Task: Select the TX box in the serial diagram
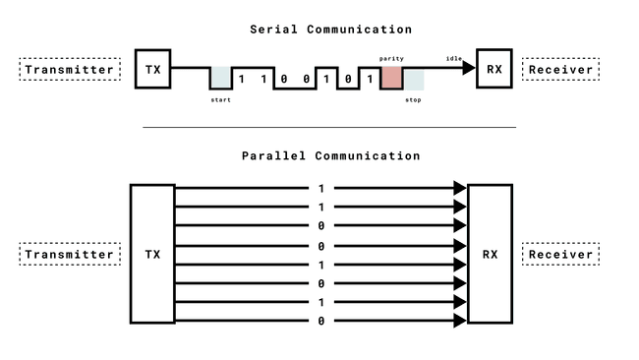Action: click(x=152, y=69)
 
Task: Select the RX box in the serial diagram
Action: click(x=494, y=69)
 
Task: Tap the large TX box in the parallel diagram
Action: click(x=152, y=254)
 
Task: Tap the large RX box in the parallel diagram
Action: click(x=490, y=254)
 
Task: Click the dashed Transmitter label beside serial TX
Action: click(x=70, y=70)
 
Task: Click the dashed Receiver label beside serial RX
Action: click(x=561, y=70)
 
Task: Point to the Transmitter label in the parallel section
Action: click(x=70, y=255)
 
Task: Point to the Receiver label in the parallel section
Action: click(x=561, y=255)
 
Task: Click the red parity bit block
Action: click(x=391, y=78)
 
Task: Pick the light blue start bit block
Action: click(x=221, y=78)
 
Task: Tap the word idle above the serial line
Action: click(x=454, y=59)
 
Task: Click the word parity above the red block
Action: click(x=391, y=59)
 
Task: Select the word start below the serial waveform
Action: click(x=221, y=100)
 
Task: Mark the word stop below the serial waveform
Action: click(x=413, y=100)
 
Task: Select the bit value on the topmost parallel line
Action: click(x=320, y=188)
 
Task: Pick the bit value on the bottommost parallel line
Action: click(x=320, y=322)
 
